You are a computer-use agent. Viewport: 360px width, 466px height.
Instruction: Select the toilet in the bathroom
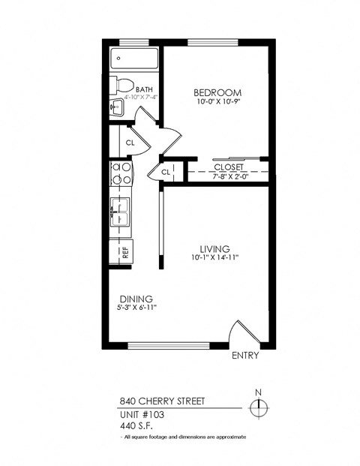[x=121, y=85]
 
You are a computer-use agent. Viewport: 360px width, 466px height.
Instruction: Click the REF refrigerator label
[x=125, y=253]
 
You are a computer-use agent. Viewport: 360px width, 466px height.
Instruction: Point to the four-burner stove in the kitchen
[x=121, y=173]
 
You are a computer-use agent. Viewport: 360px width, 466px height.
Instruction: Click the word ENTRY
[x=245, y=355]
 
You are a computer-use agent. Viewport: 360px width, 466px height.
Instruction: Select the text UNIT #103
[x=141, y=414]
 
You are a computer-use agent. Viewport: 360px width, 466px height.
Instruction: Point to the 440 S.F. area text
[x=136, y=425]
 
